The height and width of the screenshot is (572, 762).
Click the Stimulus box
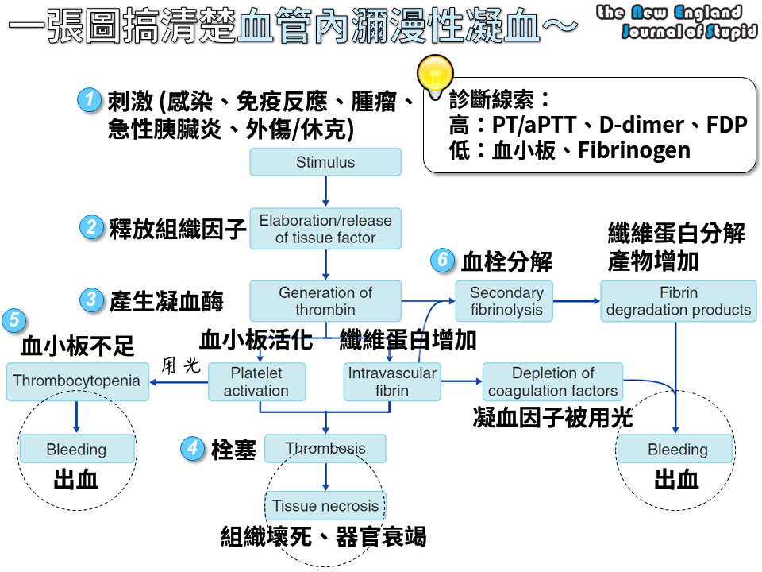[325, 162]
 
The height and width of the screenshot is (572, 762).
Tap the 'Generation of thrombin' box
[325, 301]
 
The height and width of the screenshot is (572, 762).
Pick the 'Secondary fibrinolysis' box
[506, 301]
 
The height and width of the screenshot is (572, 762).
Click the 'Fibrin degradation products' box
[678, 301]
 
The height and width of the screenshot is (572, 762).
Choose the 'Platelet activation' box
[256, 381]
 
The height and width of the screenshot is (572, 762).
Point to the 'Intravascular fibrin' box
[392, 381]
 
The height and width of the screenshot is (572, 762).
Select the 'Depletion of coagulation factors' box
[552, 381]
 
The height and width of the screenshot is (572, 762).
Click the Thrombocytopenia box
[76, 381]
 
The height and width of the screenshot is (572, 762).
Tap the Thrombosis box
[325, 448]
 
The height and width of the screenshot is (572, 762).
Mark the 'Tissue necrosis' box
[325, 505]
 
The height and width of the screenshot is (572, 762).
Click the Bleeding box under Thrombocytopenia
[76, 450]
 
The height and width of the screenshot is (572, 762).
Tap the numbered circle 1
[90, 100]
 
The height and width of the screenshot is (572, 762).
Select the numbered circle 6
[442, 260]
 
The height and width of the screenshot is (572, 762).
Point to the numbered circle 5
[13, 320]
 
